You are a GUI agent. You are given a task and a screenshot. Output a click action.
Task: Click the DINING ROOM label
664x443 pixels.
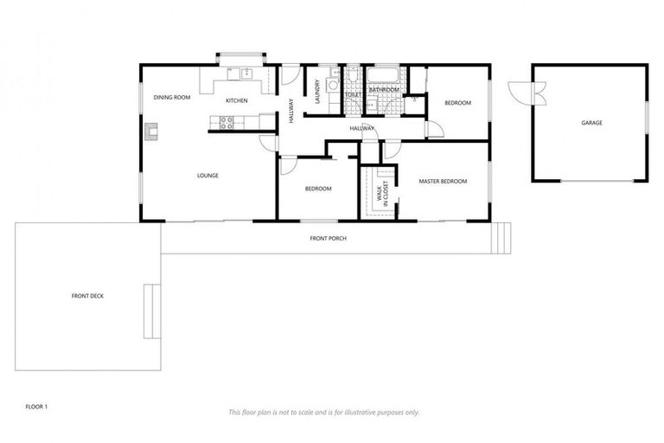click(x=171, y=98)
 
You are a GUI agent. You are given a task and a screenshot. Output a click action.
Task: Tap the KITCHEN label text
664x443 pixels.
click(x=237, y=101)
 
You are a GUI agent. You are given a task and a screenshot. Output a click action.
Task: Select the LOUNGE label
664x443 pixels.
click(x=207, y=176)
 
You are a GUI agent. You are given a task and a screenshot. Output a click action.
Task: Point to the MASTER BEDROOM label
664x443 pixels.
click(x=443, y=182)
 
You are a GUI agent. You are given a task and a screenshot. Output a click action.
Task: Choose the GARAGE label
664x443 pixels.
click(x=591, y=123)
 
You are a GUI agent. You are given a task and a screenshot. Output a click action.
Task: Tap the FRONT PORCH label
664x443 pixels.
click(x=329, y=238)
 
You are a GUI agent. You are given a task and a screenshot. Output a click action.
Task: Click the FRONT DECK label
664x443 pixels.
click(x=88, y=296)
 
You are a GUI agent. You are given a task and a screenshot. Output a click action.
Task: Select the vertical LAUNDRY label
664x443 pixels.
click(x=318, y=92)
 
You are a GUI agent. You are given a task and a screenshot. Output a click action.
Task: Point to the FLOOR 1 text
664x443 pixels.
click(x=36, y=406)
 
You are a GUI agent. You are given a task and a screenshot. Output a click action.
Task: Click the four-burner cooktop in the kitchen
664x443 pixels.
click(x=227, y=123)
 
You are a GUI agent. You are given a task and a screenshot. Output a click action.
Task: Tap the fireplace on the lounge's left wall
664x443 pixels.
click(x=152, y=132)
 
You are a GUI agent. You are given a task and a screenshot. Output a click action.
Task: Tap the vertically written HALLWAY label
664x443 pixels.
click(x=291, y=111)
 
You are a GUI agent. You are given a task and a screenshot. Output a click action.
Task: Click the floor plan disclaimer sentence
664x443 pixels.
click(x=323, y=412)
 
